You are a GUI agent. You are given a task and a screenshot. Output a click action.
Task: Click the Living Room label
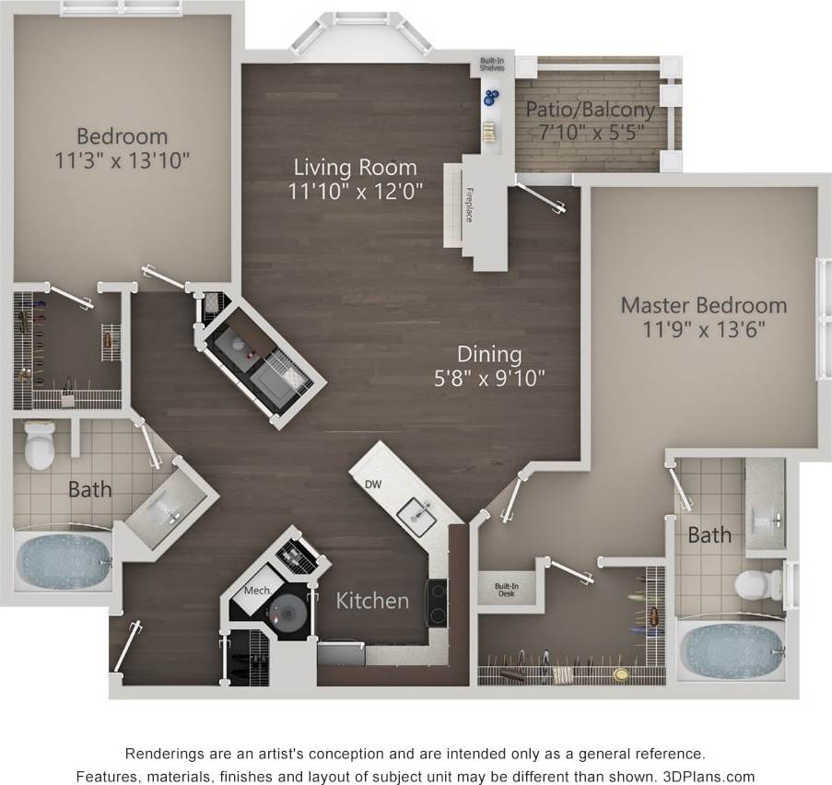[x=355, y=168]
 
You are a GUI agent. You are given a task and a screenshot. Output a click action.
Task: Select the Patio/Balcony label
[x=590, y=110]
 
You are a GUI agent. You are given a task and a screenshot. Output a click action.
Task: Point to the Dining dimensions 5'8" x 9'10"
[x=490, y=376]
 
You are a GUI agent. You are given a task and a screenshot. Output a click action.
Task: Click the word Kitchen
[x=372, y=601]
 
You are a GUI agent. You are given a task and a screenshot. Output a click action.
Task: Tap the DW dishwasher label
[x=373, y=485]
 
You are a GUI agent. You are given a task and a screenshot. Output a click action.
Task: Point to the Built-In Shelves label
[x=491, y=67]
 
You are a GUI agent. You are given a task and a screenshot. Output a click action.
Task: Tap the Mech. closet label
[x=254, y=591]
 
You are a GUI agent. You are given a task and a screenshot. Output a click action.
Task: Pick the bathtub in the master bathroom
[x=732, y=650]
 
